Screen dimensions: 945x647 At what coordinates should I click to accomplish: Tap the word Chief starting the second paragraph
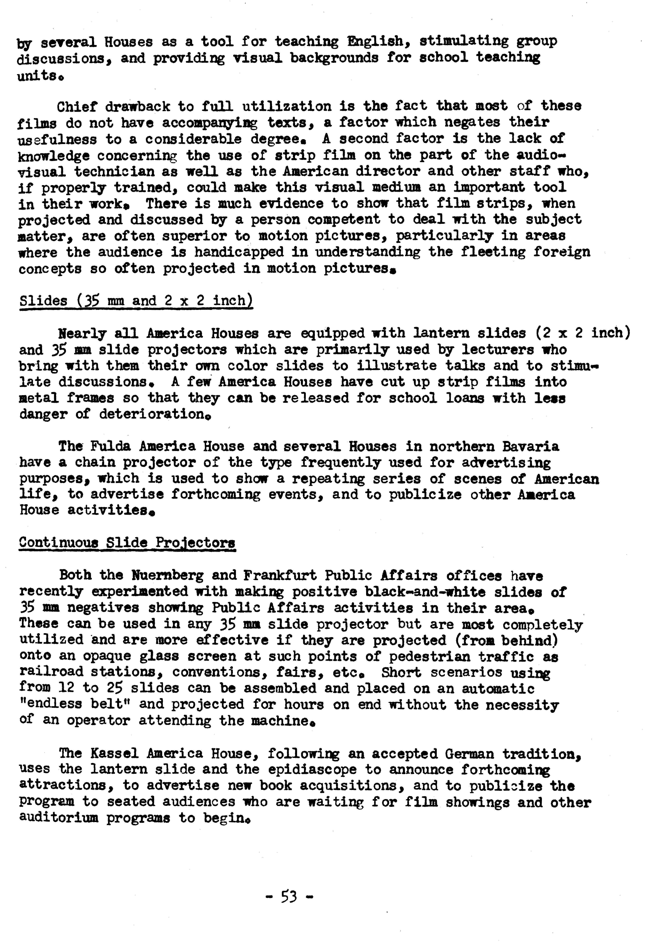(77, 106)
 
